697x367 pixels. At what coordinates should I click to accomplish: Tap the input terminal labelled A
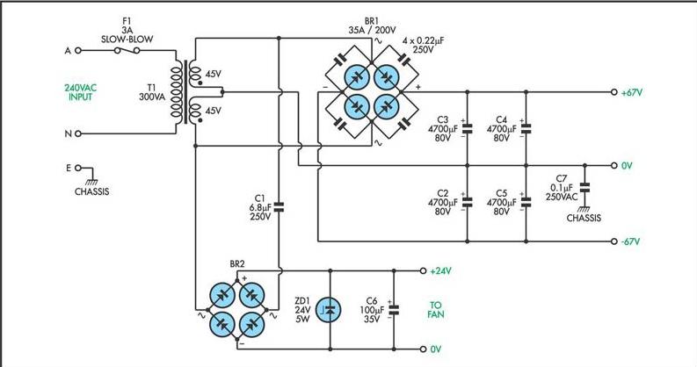(x=78, y=51)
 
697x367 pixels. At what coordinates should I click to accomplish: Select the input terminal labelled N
(x=78, y=133)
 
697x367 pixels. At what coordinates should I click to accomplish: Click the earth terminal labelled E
(x=78, y=168)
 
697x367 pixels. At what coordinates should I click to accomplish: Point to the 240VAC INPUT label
(x=81, y=92)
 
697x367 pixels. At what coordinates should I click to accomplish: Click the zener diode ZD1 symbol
(x=329, y=310)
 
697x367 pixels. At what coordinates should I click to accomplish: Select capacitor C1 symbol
(x=279, y=206)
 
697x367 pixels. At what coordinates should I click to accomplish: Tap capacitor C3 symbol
(x=468, y=129)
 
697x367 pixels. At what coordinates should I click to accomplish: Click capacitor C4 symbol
(x=526, y=129)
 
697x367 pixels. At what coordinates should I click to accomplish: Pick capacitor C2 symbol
(x=468, y=202)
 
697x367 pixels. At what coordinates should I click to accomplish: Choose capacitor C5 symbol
(x=526, y=202)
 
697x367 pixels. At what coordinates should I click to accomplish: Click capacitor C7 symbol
(x=584, y=187)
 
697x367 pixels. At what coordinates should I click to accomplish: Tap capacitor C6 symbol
(x=394, y=310)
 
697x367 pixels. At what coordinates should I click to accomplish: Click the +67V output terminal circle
(x=614, y=92)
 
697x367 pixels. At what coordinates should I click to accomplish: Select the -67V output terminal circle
(x=614, y=241)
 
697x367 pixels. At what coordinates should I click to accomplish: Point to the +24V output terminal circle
(x=423, y=270)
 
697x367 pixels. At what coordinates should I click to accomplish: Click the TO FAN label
(x=436, y=310)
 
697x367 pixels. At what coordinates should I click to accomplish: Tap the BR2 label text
(x=237, y=264)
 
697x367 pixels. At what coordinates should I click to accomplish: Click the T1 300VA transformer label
(x=152, y=92)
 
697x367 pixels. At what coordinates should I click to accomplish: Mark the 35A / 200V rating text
(x=372, y=30)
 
